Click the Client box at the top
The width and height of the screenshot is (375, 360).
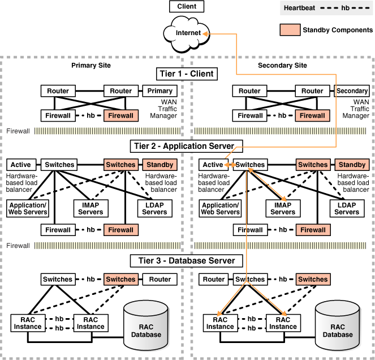coord(187,7)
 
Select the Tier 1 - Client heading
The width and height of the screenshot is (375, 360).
coord(187,74)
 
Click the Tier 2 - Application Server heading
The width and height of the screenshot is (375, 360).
coord(187,146)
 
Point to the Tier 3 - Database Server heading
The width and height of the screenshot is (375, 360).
coord(187,261)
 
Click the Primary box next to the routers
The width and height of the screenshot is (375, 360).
coord(160,91)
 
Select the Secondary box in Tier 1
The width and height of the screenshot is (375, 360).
coord(352,91)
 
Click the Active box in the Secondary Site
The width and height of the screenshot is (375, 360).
coord(213,165)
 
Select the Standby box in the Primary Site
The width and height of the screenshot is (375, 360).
coord(160,165)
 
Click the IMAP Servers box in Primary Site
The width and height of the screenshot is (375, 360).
coord(90,208)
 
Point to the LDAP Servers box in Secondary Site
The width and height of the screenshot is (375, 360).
coord(346,208)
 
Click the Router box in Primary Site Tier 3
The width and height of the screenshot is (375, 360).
coord(160,279)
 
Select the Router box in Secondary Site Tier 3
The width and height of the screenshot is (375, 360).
coord(214,279)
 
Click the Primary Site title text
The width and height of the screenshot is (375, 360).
coord(91,65)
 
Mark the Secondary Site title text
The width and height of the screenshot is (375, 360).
coord(282,65)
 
